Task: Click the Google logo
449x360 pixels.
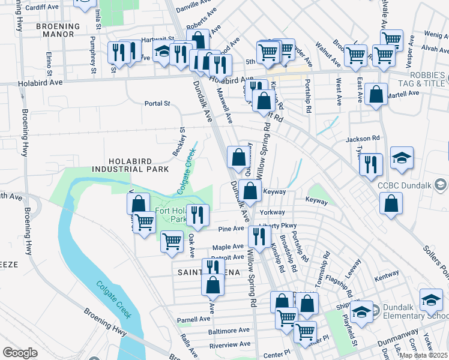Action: tap(20, 353)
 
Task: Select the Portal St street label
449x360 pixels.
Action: tap(157, 103)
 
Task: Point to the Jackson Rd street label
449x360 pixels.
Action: tap(363, 139)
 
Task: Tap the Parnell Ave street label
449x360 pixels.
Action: tap(191, 319)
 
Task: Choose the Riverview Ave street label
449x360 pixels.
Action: tap(229, 346)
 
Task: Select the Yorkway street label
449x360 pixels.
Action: tap(272, 212)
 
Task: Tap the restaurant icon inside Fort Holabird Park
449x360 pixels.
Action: tap(197, 214)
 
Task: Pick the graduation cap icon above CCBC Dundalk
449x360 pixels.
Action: tap(402, 157)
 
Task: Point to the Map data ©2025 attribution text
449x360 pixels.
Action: tap(423, 355)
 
